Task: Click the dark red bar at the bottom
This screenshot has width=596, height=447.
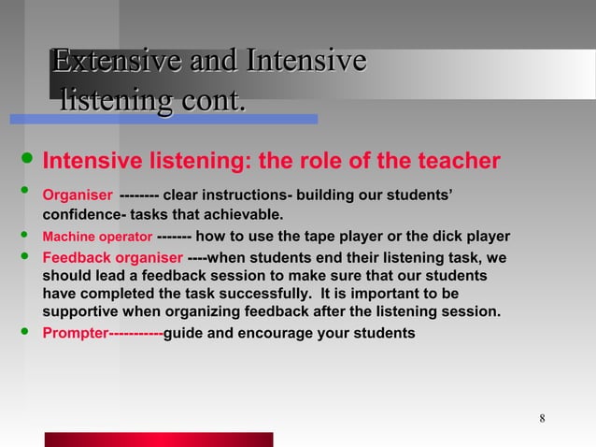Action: click(x=159, y=440)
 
